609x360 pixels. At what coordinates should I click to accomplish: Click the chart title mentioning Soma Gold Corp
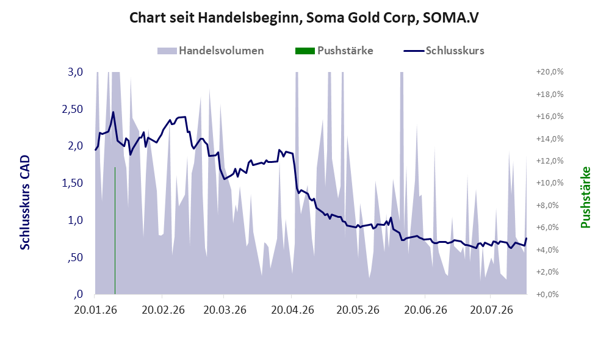(x=304, y=18)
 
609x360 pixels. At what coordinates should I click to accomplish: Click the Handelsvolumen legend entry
(x=211, y=51)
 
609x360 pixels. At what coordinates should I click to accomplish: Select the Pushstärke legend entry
(x=334, y=51)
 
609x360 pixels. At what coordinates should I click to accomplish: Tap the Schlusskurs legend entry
(x=444, y=51)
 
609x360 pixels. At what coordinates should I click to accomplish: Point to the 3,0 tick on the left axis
(x=75, y=72)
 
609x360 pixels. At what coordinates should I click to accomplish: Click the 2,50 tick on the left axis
(x=73, y=109)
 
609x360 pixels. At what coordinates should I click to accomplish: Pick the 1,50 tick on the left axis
(x=73, y=183)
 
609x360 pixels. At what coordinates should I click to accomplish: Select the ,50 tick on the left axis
(x=75, y=257)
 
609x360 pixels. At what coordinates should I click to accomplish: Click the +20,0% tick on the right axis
(x=550, y=72)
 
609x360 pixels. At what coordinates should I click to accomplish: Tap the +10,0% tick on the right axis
(x=550, y=183)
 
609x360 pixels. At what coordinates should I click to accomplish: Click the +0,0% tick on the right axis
(x=547, y=294)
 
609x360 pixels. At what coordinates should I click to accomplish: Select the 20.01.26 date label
(x=96, y=310)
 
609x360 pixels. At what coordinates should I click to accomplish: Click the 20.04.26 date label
(x=292, y=310)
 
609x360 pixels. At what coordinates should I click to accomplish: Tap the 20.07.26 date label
(x=492, y=310)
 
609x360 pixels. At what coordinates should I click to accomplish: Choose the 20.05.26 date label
(x=358, y=310)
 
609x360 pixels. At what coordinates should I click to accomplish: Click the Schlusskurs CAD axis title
(x=25, y=203)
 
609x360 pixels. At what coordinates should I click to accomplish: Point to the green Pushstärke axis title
(x=585, y=197)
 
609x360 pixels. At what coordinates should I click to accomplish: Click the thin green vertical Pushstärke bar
(x=115, y=231)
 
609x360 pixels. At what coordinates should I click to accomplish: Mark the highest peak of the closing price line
(x=113, y=112)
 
